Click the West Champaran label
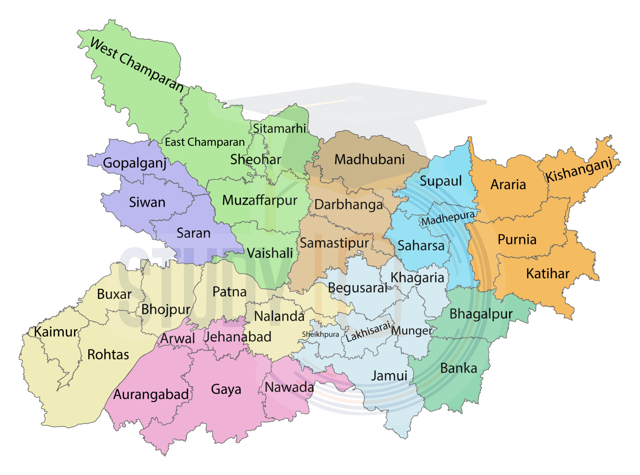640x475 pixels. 137,65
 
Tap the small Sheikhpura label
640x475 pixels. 320,334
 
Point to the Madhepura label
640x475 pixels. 447,218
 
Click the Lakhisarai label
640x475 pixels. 368,332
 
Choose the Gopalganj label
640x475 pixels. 134,163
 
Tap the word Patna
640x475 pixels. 229,292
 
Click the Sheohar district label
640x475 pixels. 256,160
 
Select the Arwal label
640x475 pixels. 177,339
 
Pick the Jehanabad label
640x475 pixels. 238,337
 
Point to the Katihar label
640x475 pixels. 547,273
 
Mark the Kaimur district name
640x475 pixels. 56,332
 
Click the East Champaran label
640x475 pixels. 205,142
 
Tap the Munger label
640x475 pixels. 412,330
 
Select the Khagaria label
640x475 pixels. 417,278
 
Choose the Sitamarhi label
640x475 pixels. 279,128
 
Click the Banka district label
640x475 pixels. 458,368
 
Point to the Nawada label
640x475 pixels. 289,387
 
